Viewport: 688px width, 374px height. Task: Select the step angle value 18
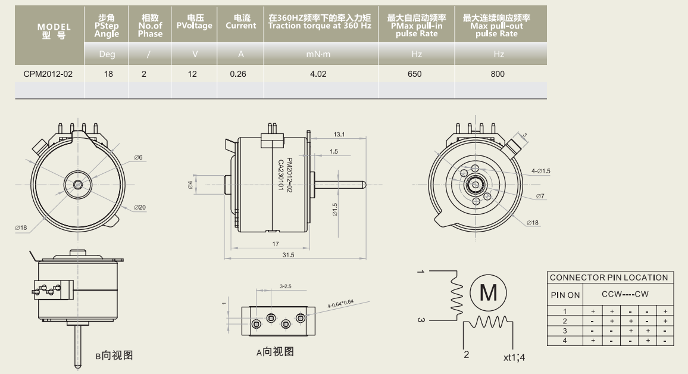[107, 74]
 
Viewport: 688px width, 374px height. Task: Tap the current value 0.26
[238, 74]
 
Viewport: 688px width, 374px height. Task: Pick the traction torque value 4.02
[319, 74]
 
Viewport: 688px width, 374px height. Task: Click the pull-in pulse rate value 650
[415, 74]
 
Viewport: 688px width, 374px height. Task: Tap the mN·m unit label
[318, 55]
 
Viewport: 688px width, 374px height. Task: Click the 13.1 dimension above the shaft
[339, 135]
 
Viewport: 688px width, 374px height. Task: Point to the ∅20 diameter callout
[140, 207]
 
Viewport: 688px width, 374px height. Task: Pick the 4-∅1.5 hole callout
[540, 171]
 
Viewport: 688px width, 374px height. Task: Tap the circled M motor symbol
[488, 292]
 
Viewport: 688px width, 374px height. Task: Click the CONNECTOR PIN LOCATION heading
[608, 278]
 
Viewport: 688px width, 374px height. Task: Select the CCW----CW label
[625, 294]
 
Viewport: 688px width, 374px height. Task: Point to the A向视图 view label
[275, 352]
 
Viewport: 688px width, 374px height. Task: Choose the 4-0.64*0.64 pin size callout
[340, 303]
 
